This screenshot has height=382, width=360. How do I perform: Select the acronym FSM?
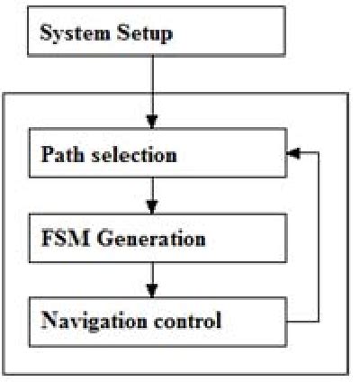(60, 239)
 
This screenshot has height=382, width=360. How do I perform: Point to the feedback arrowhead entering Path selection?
(292, 154)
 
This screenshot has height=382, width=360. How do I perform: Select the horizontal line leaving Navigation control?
(302, 320)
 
